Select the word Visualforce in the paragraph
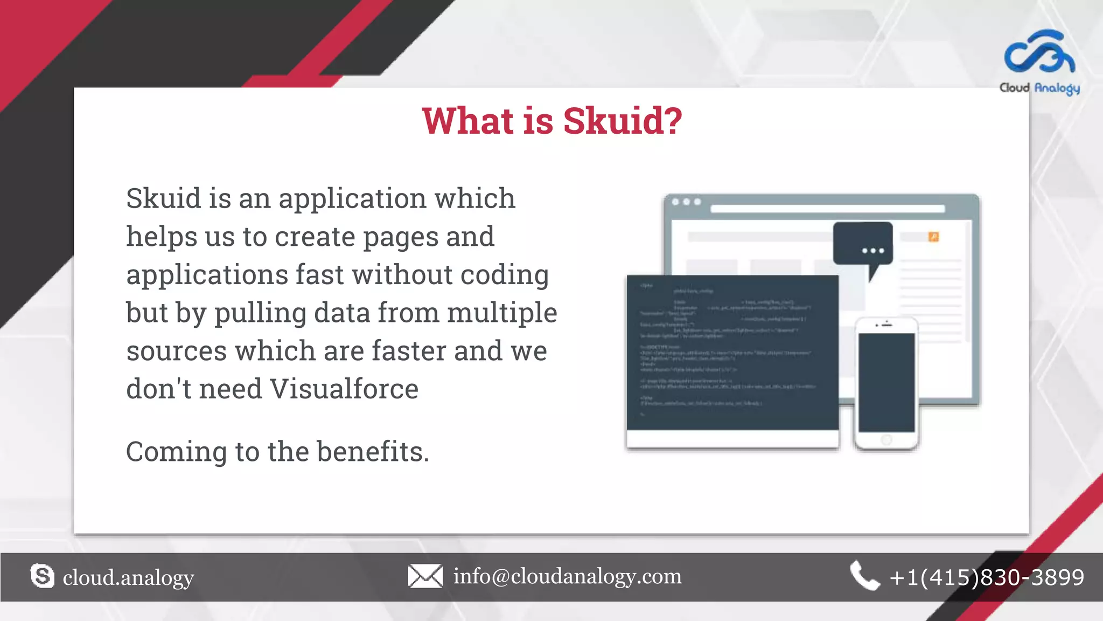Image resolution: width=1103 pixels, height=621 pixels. click(344, 389)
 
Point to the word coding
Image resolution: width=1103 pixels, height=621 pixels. click(504, 275)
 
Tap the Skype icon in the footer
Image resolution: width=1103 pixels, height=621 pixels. click(43, 576)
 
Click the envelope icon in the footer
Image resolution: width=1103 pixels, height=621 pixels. click(425, 576)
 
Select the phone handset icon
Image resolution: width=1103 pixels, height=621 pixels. click(864, 576)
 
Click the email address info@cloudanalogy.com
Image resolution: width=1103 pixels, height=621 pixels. click(567, 576)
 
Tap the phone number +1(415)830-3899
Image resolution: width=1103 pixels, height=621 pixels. click(987, 577)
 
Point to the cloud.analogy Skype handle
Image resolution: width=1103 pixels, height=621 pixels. click(128, 578)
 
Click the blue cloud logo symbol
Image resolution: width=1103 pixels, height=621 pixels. click(1039, 52)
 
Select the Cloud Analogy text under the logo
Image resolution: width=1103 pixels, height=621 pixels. click(1039, 88)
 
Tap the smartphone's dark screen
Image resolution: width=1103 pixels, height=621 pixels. click(886, 382)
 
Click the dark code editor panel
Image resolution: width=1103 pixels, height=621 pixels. click(732, 353)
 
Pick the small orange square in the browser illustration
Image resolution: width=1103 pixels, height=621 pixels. click(933, 237)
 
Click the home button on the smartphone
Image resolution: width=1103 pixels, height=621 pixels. click(886, 440)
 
